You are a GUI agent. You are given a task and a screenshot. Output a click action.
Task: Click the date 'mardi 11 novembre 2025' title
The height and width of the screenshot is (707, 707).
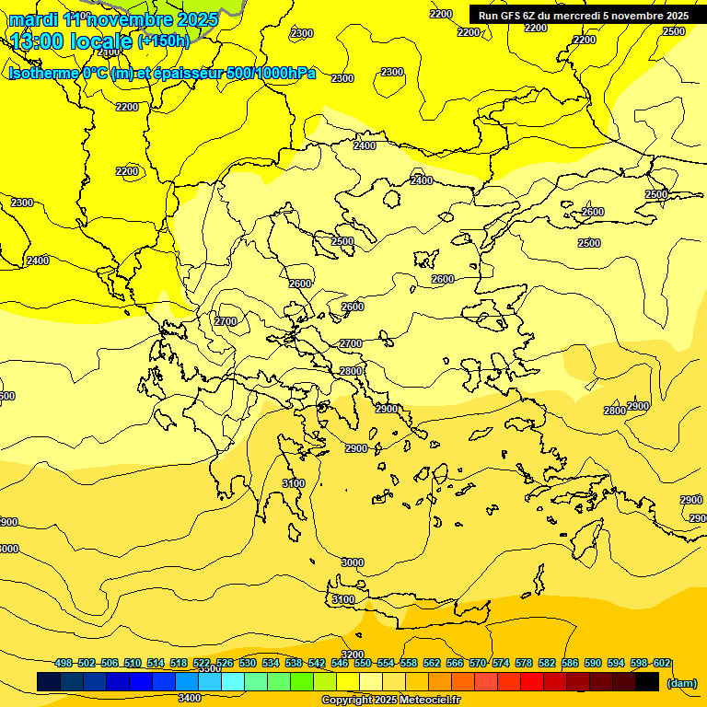[x=113, y=19]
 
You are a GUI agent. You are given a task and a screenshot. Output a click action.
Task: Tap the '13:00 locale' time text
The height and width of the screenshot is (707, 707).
[x=71, y=41]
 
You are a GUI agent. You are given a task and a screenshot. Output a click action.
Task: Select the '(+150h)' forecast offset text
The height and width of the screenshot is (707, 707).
[x=164, y=41]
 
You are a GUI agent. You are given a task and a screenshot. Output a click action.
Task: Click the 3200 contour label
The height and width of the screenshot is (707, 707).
[x=352, y=655]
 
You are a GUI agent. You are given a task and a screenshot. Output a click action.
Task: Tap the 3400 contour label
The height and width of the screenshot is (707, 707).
[x=190, y=698]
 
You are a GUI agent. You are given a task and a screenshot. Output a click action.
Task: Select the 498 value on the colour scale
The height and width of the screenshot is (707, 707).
[x=64, y=663]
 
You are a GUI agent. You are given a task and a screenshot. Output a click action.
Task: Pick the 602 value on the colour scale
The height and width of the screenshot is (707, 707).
[x=662, y=663]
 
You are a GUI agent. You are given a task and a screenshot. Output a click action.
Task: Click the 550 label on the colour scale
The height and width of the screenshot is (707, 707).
[x=363, y=663]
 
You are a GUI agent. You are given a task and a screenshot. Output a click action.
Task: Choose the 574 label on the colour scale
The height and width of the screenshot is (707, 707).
[x=501, y=663]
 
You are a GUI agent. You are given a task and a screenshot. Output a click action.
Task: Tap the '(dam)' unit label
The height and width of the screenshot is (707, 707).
[x=680, y=682]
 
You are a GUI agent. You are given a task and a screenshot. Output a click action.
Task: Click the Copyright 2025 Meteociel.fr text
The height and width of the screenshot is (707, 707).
[x=390, y=701]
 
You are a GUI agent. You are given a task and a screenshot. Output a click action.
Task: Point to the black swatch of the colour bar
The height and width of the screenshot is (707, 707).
[x=647, y=681]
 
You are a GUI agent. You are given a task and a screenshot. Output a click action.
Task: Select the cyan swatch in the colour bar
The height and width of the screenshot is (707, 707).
[x=233, y=681]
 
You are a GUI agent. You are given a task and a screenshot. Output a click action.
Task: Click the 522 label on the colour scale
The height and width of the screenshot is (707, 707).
[x=202, y=663]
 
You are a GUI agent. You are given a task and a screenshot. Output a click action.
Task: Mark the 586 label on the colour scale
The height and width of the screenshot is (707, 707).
[x=570, y=663]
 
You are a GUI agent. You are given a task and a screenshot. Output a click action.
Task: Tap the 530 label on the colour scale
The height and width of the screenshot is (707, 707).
[x=248, y=663]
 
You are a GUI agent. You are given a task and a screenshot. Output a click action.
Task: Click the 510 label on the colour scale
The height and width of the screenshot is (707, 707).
[x=133, y=663]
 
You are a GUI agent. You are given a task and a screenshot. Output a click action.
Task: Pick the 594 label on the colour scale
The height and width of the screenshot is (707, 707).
[x=616, y=663]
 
